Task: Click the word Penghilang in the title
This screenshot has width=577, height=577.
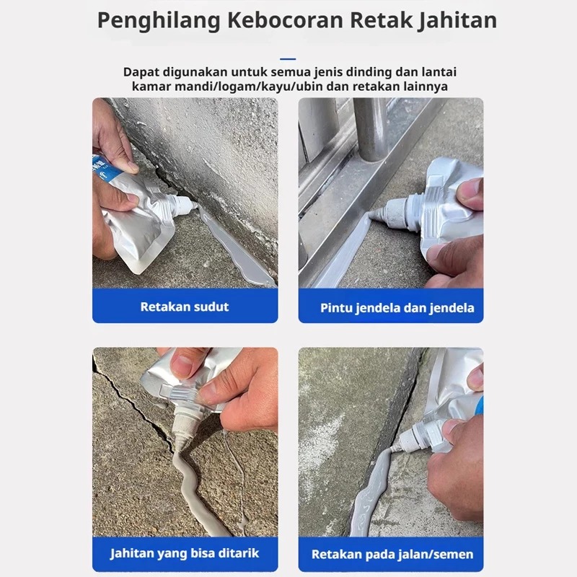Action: click(x=159, y=21)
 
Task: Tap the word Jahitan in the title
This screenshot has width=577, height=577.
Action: click(x=457, y=21)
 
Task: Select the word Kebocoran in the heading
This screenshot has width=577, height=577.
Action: click(x=285, y=20)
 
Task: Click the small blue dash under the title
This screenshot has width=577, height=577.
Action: click(x=288, y=59)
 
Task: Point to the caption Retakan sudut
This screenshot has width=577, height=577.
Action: click(x=185, y=307)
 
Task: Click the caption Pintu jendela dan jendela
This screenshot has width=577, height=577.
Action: click(x=397, y=308)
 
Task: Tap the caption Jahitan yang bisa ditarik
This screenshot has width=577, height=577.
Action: click(x=185, y=553)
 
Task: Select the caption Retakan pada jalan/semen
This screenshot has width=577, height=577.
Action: click(x=392, y=554)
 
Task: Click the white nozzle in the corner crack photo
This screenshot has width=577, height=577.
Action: click(x=182, y=206)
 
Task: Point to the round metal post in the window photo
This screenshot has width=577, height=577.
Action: click(x=371, y=129)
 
